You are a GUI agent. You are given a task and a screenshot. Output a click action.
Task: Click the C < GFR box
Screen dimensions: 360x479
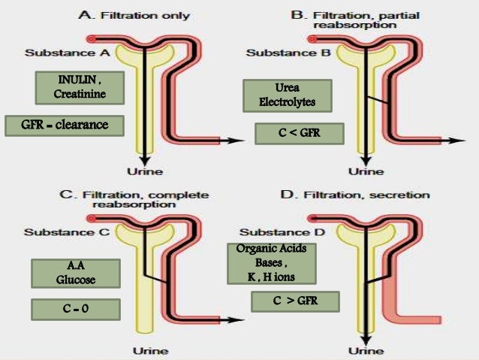[x=299, y=134]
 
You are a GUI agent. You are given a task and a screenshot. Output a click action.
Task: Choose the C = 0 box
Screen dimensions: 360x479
[x=75, y=309]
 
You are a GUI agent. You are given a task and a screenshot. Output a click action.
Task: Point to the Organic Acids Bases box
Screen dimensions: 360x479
[x=270, y=262]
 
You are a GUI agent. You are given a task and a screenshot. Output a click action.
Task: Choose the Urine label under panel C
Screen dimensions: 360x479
[x=150, y=350]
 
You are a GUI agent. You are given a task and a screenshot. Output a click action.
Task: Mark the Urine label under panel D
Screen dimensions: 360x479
[x=369, y=350]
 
